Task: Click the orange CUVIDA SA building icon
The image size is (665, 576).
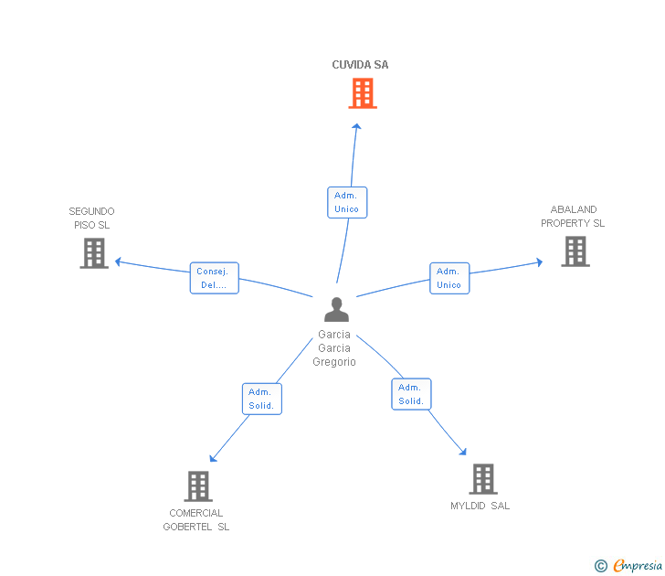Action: (x=363, y=93)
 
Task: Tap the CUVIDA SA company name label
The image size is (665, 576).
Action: (x=360, y=65)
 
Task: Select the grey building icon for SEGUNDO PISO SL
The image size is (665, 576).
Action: (x=94, y=253)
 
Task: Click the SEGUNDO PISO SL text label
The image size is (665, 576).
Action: (x=91, y=219)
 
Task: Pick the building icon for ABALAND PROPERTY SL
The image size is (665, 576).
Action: (x=575, y=251)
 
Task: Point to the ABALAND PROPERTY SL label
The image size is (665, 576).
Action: (x=573, y=217)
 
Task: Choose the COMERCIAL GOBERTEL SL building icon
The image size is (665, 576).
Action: (x=198, y=486)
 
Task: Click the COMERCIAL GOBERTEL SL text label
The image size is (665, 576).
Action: (x=195, y=520)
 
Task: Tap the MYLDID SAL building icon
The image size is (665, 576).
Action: (x=483, y=479)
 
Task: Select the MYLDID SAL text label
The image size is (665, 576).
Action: (x=480, y=506)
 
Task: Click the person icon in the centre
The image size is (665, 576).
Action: (x=337, y=309)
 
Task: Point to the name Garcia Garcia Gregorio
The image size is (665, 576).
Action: (x=334, y=348)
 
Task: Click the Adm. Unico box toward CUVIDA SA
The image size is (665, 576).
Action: (x=347, y=202)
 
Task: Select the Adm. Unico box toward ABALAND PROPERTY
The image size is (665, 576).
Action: (x=449, y=279)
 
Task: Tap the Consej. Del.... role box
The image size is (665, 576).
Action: (x=215, y=278)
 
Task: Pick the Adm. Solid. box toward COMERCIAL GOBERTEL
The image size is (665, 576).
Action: (x=262, y=399)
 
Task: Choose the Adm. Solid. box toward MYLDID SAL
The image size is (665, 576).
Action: (x=411, y=394)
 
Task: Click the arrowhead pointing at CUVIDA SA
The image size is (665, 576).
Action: (x=356, y=126)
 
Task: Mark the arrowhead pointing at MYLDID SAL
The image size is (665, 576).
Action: (x=463, y=452)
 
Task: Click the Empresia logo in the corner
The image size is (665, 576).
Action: (x=628, y=565)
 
